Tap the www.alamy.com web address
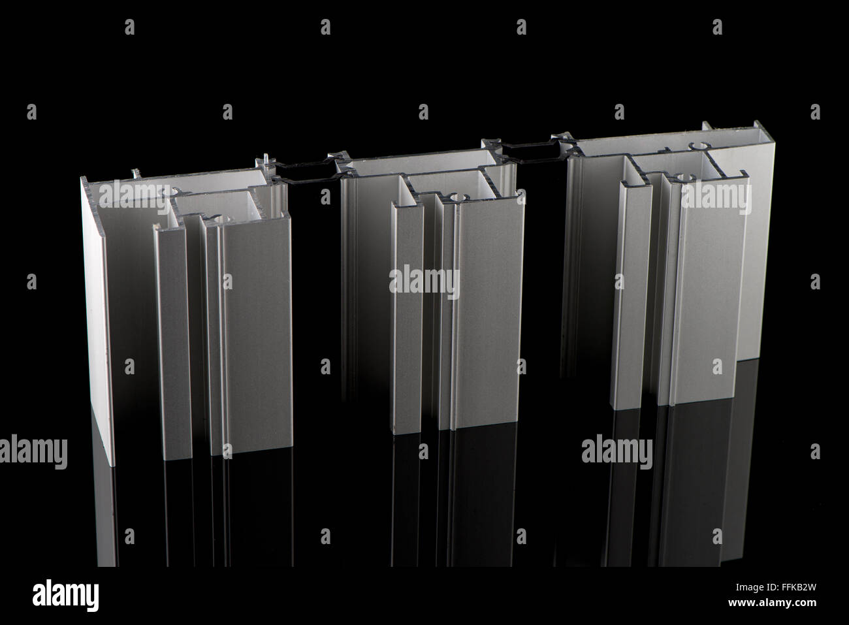pyautogui.click(x=772, y=603)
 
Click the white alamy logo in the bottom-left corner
pyautogui.click(x=65, y=595)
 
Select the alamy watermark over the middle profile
pyautogui.click(x=424, y=282)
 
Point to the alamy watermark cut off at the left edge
pyautogui.click(x=33, y=451)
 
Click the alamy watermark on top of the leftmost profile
pyautogui.click(x=134, y=197)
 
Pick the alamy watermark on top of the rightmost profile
pyautogui.click(x=716, y=197)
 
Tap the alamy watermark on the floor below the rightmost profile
pyautogui.click(x=617, y=451)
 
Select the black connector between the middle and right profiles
pyautogui.click(x=530, y=152)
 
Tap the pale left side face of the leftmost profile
pyautogui.click(x=97, y=322)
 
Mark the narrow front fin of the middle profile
pyautogui.click(x=406, y=317)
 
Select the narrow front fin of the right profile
pyautogui.click(x=631, y=296)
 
